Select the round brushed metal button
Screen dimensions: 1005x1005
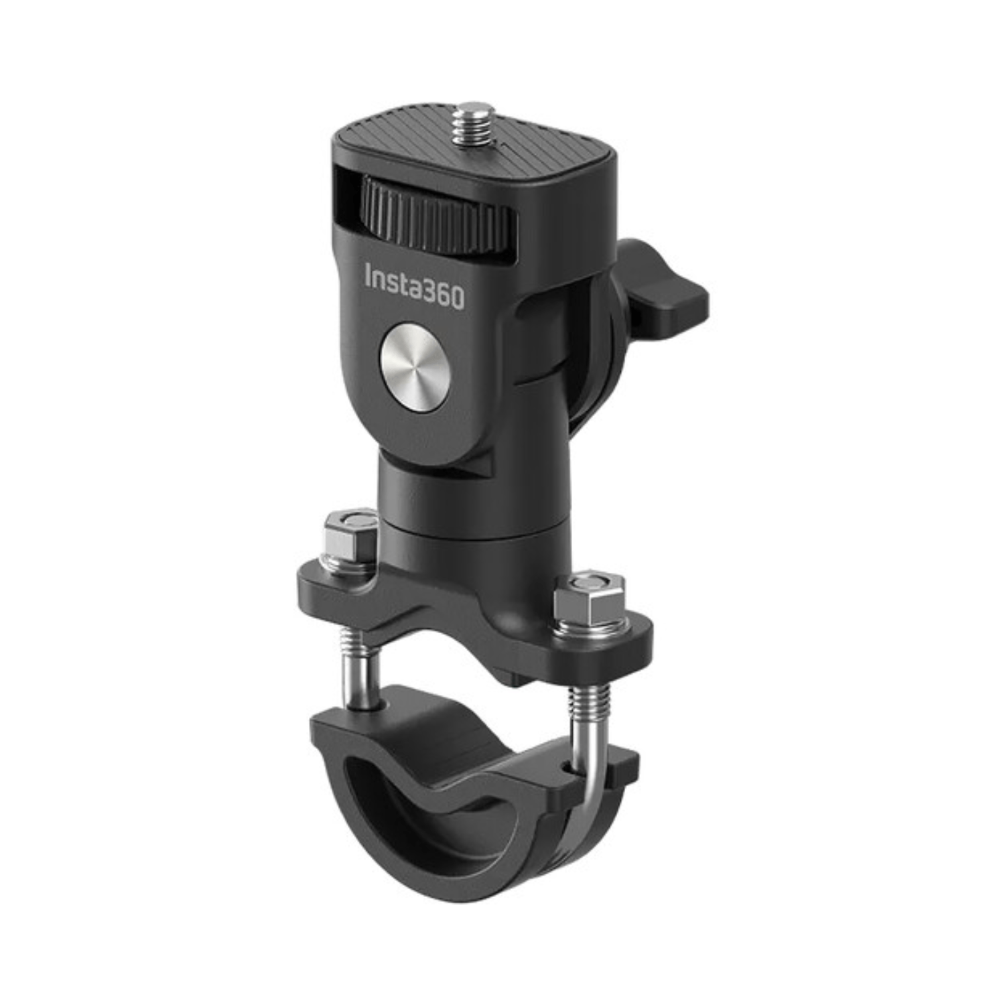(413, 373)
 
